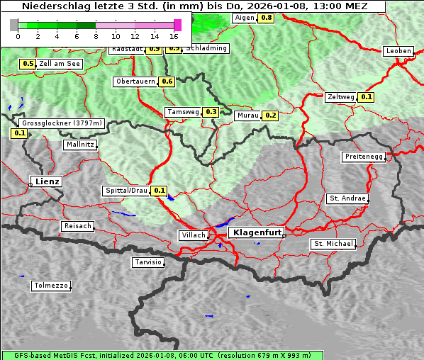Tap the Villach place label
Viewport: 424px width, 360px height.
[x=192, y=235]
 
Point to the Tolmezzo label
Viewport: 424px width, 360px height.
[x=51, y=286]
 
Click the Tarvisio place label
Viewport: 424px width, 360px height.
[x=148, y=262]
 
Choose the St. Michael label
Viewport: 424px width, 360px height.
[x=333, y=244]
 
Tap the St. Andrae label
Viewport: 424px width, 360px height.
[x=347, y=198]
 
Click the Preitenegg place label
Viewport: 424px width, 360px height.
[x=364, y=157]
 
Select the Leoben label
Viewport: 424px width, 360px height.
[x=398, y=51]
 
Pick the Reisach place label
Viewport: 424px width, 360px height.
[x=78, y=226]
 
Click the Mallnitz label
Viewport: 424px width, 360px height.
[x=80, y=144]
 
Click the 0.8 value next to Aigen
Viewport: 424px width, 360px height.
[x=266, y=17]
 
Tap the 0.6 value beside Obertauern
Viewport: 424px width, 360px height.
[x=167, y=81]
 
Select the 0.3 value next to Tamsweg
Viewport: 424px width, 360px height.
[x=211, y=112]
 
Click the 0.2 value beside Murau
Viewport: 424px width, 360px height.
[x=270, y=115]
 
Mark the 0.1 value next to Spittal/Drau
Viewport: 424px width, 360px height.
[x=160, y=191]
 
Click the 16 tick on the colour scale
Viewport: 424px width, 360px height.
[x=174, y=35]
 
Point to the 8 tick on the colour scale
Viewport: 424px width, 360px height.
[x=95, y=35]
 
